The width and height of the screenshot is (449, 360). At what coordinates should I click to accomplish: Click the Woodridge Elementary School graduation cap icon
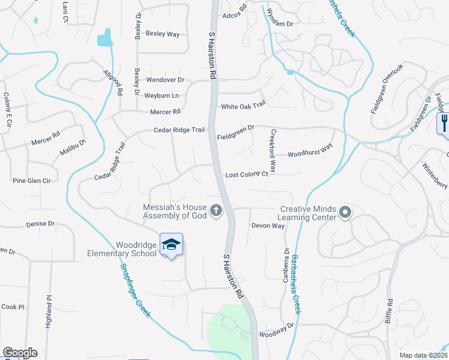(171, 244)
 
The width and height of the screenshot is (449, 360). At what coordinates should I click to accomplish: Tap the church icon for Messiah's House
(216, 211)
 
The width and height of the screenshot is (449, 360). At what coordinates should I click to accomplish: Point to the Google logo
(20, 353)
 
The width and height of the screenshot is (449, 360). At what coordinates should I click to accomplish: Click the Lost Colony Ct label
(246, 175)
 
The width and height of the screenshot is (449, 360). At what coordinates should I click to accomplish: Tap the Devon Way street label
(268, 226)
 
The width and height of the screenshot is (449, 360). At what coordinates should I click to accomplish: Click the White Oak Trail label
(243, 106)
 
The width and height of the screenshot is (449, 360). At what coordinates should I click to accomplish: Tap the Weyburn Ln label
(161, 95)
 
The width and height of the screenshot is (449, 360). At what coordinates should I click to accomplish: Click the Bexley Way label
(163, 34)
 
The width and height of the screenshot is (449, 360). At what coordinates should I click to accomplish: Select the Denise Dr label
(40, 224)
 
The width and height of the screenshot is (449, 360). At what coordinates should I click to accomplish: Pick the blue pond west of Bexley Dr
(106, 38)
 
